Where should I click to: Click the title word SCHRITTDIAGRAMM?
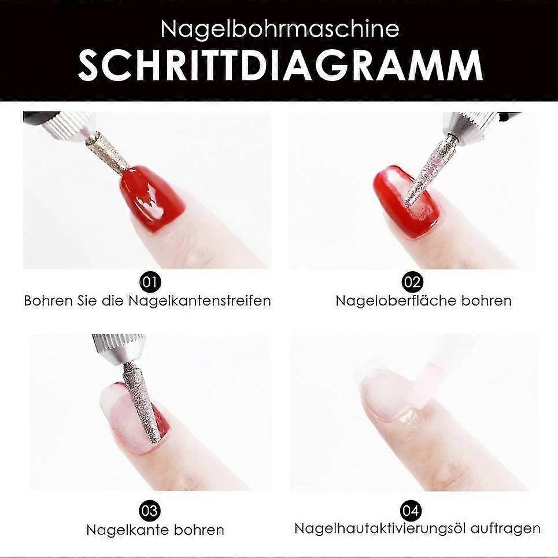point(280,66)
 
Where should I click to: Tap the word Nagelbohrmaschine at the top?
point(280,28)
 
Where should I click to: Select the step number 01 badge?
point(150,282)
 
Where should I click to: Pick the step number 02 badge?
point(412,282)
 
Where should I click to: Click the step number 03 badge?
point(150,511)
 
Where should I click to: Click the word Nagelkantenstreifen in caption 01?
point(199,301)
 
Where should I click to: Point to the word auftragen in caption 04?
point(505,529)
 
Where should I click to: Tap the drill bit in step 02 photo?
point(427,171)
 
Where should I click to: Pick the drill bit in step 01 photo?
point(107,152)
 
